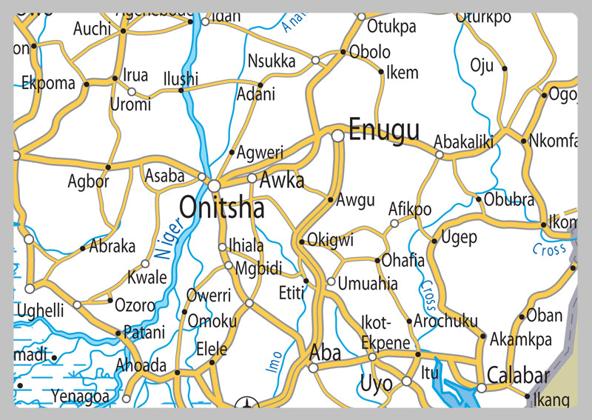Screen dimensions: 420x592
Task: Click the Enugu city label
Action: point(383,130)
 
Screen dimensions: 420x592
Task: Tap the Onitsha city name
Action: point(222,208)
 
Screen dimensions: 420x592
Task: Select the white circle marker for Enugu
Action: point(337,136)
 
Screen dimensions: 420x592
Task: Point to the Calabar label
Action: point(518,374)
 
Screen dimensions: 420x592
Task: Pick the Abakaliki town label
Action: point(463,141)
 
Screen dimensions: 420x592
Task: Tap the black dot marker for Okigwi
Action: point(302,241)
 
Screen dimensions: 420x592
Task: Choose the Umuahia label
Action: point(367,283)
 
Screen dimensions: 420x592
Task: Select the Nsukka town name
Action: point(272,61)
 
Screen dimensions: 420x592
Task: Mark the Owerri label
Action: point(208,296)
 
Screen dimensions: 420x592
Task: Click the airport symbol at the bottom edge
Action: point(246,404)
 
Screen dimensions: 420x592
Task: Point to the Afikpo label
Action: point(410,209)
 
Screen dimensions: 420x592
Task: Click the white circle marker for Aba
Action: point(313,367)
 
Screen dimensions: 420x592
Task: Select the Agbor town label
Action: point(88,181)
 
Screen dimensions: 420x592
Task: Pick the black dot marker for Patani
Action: point(118,333)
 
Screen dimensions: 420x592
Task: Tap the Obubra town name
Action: point(508,199)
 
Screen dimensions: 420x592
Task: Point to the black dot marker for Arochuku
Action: point(409,321)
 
